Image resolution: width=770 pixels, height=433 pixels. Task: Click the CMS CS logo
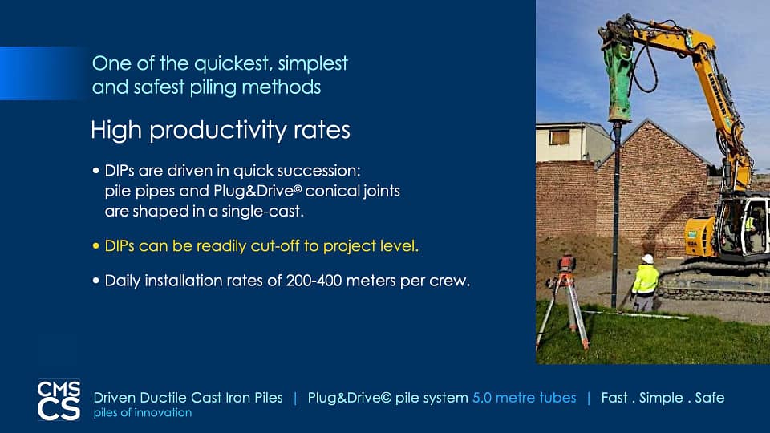tap(59, 399)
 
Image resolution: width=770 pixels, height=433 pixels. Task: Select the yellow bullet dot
tap(95, 246)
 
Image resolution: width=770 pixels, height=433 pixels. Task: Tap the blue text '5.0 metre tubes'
tap(524, 398)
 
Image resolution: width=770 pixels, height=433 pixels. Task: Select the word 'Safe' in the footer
tap(710, 398)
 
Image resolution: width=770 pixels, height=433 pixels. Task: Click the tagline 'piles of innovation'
tap(143, 413)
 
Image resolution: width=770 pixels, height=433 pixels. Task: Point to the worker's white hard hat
tap(648, 259)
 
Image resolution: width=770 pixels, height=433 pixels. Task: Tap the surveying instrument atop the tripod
tap(567, 264)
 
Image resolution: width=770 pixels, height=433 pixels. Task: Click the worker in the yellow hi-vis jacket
tap(645, 282)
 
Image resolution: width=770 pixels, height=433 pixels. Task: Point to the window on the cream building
tap(559, 137)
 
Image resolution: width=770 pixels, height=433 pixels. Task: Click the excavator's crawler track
tap(713, 285)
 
